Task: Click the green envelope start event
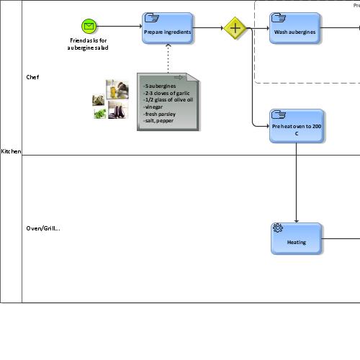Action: point(89,27)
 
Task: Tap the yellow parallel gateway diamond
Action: point(235,28)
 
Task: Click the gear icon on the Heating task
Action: point(278,228)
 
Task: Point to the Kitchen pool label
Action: point(11,151)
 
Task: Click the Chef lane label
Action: point(33,77)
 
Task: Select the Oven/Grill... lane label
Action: point(43,228)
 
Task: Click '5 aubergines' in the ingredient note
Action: point(160,86)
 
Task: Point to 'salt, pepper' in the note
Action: point(159,120)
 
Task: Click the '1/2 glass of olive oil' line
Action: point(168,100)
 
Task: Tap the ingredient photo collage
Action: point(110,99)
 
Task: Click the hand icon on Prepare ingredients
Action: point(151,17)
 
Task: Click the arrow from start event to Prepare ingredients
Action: point(119,27)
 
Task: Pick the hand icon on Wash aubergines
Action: point(278,17)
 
